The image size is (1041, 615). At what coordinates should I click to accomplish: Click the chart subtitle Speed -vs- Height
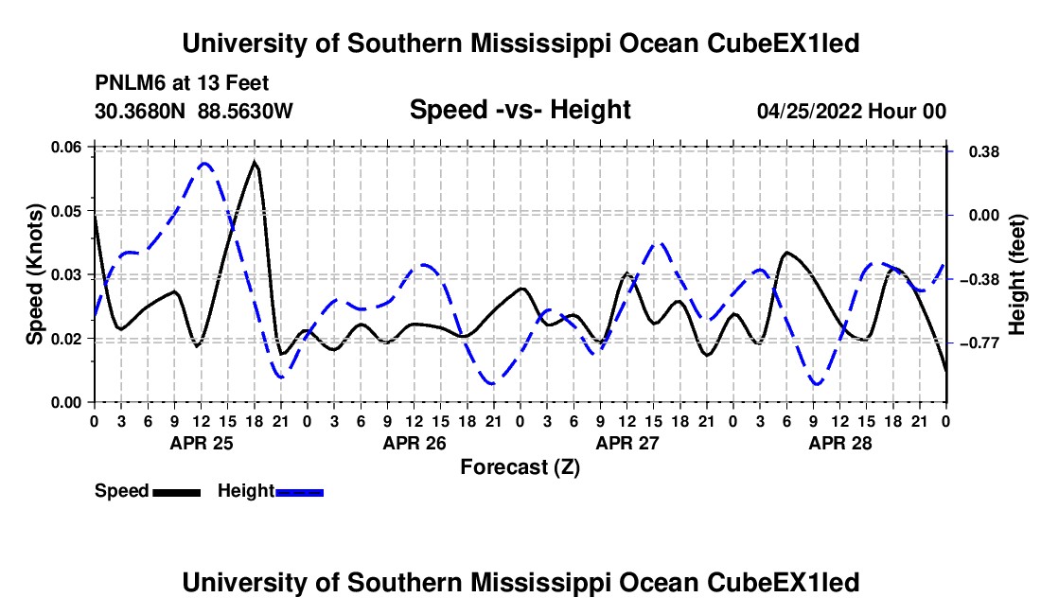coord(520,110)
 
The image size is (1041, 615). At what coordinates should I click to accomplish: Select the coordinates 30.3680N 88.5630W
coord(193,111)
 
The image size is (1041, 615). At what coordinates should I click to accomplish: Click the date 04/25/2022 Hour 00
coord(851,111)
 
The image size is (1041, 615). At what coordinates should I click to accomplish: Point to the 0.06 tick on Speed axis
coord(65,147)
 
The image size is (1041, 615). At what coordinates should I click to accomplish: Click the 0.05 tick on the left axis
coord(65,211)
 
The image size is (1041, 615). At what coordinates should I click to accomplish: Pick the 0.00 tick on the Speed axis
coord(65,403)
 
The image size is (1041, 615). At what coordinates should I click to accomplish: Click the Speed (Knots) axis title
coord(34,274)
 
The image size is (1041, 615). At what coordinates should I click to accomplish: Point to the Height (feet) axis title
coord(1016,274)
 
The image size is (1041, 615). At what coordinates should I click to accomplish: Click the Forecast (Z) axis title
coord(520,467)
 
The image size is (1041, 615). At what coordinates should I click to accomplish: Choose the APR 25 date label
coord(202,443)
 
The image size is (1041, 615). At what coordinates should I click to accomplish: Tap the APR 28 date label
coord(839,443)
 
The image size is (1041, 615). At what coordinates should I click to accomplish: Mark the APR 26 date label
coord(415,443)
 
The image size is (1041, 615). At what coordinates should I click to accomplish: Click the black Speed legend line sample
coord(176,492)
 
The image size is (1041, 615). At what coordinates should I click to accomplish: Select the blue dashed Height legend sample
coord(299,492)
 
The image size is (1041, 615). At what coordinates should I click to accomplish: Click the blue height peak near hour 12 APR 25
coord(204,163)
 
